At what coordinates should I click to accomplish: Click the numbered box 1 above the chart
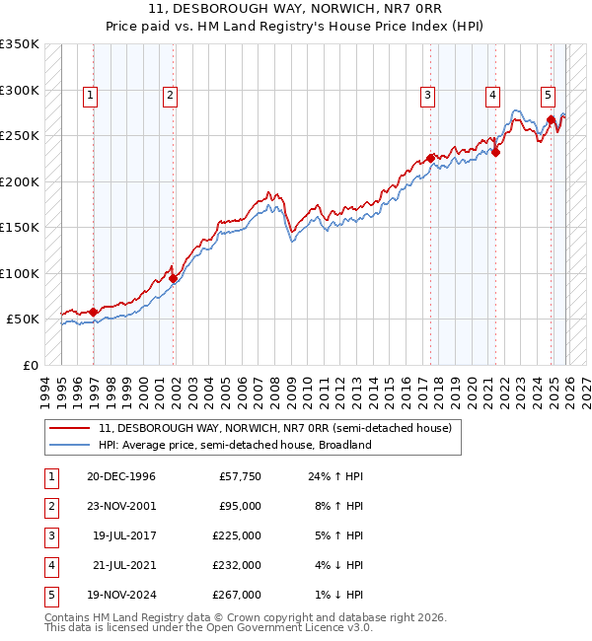[90, 96]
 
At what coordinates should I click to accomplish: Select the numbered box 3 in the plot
[427, 96]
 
